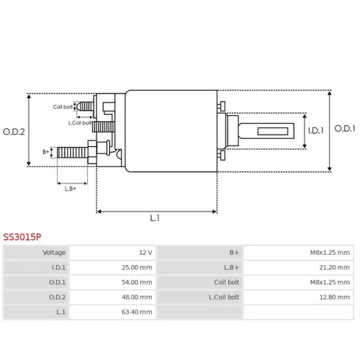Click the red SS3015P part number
click(x=22, y=237)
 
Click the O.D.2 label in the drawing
click(x=14, y=132)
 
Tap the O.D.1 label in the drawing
click(x=345, y=129)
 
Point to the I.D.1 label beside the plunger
click(x=316, y=130)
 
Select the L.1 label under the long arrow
click(x=155, y=218)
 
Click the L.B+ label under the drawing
click(x=71, y=189)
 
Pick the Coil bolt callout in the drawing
click(x=63, y=107)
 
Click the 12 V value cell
click(x=145, y=253)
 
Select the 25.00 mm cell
click(x=137, y=267)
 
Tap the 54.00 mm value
click(x=137, y=282)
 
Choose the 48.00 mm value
click(x=137, y=297)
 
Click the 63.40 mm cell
click(x=137, y=312)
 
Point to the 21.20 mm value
click(x=334, y=267)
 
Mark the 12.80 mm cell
click(x=334, y=297)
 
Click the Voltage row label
click(x=54, y=253)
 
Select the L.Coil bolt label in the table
click(x=224, y=297)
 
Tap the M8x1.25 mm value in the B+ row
click(x=330, y=253)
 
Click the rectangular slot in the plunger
click(x=273, y=131)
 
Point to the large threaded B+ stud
click(x=72, y=153)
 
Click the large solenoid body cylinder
click(x=171, y=131)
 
